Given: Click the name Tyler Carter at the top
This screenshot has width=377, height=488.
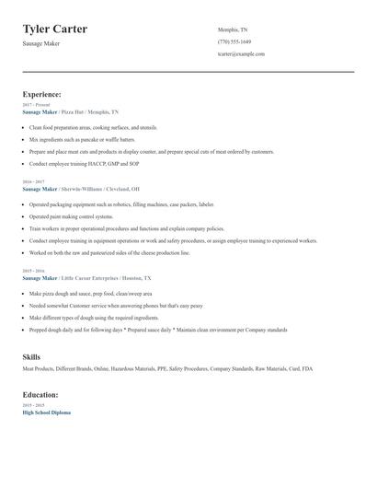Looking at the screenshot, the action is click(55, 29).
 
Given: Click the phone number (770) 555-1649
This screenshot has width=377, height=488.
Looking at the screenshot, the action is click(234, 41).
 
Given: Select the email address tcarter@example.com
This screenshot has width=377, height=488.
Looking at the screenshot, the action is click(241, 53).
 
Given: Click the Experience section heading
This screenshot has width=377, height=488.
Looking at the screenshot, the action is click(42, 94).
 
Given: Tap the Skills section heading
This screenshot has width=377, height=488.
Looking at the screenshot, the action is click(31, 355).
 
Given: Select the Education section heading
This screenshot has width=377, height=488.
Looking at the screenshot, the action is click(40, 394).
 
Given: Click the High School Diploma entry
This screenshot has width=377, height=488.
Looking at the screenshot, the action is click(46, 412).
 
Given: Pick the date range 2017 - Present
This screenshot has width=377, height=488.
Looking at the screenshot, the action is click(37, 105).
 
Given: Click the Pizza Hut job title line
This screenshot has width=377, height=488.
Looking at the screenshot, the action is click(71, 111).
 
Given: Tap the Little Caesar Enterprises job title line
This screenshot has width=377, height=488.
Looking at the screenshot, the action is click(86, 277).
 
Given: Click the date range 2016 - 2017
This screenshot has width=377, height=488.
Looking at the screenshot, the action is click(34, 182).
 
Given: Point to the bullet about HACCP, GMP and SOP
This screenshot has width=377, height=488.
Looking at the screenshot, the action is click(84, 163).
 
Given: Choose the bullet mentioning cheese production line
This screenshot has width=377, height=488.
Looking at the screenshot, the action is click(109, 252).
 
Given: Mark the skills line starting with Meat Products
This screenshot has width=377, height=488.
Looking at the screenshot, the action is click(167, 368).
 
